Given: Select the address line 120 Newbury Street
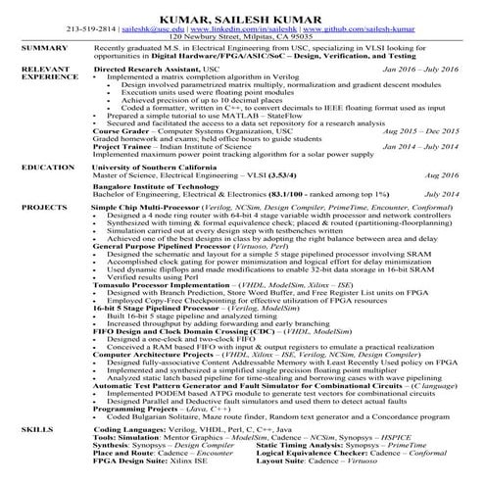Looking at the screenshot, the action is (242, 36).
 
